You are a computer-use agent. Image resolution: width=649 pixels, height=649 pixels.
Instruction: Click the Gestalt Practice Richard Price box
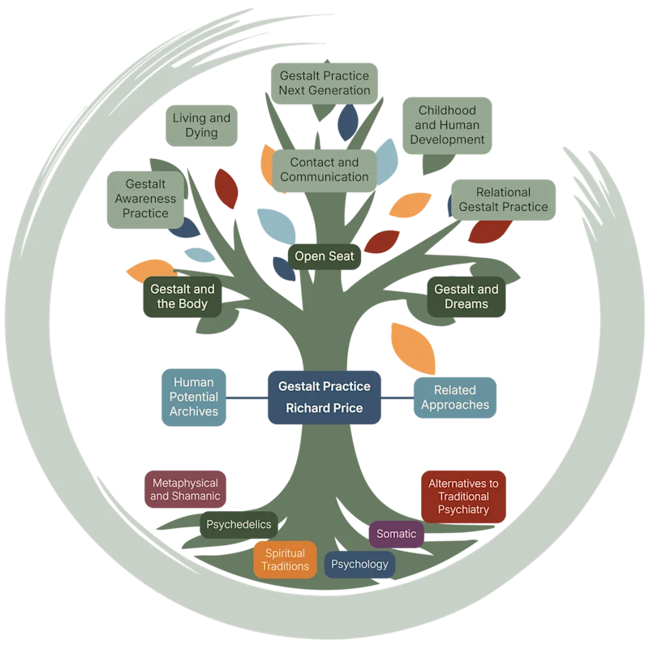tap(324, 398)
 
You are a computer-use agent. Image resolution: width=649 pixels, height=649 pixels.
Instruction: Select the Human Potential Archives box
tap(194, 398)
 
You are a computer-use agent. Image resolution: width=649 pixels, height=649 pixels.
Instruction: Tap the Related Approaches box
tap(455, 398)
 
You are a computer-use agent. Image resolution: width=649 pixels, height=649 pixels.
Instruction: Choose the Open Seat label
tap(324, 256)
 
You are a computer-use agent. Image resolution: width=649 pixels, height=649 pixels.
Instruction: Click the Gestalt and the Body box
tap(182, 297)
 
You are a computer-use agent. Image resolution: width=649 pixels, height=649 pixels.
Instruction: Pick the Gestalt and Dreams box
tap(466, 297)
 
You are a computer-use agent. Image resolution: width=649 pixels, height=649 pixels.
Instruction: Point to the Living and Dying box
tap(201, 126)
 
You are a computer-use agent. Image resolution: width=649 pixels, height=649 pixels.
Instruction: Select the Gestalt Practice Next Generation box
tap(324, 84)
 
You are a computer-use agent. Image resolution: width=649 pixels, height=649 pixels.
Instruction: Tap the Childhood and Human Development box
tap(447, 126)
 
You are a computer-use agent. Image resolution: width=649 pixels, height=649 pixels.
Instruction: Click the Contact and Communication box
tap(324, 170)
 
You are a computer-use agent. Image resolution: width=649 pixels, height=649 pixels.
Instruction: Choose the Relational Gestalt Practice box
tap(503, 200)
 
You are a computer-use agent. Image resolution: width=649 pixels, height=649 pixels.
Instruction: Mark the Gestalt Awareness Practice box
tap(145, 200)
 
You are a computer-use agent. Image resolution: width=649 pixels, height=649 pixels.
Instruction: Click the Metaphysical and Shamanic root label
tap(185, 489)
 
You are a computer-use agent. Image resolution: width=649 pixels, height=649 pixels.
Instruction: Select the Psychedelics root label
tap(239, 525)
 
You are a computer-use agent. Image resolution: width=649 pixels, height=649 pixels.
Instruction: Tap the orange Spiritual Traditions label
tap(286, 560)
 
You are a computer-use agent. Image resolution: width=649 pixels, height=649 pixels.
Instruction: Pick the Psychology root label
tap(359, 564)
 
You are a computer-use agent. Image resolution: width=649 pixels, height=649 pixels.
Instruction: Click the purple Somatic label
tap(396, 534)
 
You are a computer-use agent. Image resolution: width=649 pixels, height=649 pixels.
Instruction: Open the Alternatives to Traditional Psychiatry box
tap(463, 496)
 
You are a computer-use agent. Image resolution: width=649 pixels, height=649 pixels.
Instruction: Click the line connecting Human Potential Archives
tap(247, 398)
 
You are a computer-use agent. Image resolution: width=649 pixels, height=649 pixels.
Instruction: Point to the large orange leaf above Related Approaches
tap(413, 349)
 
